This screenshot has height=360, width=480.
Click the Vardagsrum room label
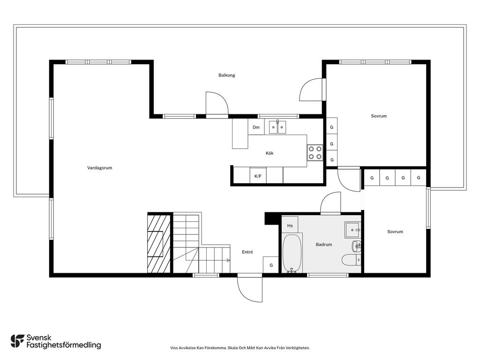coord(99,168)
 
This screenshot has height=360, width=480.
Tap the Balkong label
coord(227,75)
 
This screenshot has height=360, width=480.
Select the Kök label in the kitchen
coord(270,153)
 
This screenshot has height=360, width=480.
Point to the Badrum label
coord(324,245)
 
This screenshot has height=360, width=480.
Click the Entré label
coord(247,252)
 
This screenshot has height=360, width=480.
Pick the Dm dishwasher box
coord(256,127)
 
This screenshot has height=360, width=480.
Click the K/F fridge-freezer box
coord(258,176)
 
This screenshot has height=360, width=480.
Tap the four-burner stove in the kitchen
coord(315,153)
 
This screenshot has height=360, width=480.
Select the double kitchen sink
coord(277,127)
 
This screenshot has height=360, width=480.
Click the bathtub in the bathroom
coord(292,254)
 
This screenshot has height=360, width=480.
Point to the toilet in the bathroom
coord(351,260)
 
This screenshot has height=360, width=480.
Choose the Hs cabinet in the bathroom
coord(290,225)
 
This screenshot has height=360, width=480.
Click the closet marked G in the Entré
coord(271,264)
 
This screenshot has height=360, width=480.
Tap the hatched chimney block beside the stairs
coord(159,244)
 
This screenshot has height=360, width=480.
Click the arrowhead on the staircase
coord(228,261)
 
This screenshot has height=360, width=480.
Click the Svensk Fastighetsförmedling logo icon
coord(17,341)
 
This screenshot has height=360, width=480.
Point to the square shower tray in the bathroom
coord(353,230)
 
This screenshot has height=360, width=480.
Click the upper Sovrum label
coord(379,116)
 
